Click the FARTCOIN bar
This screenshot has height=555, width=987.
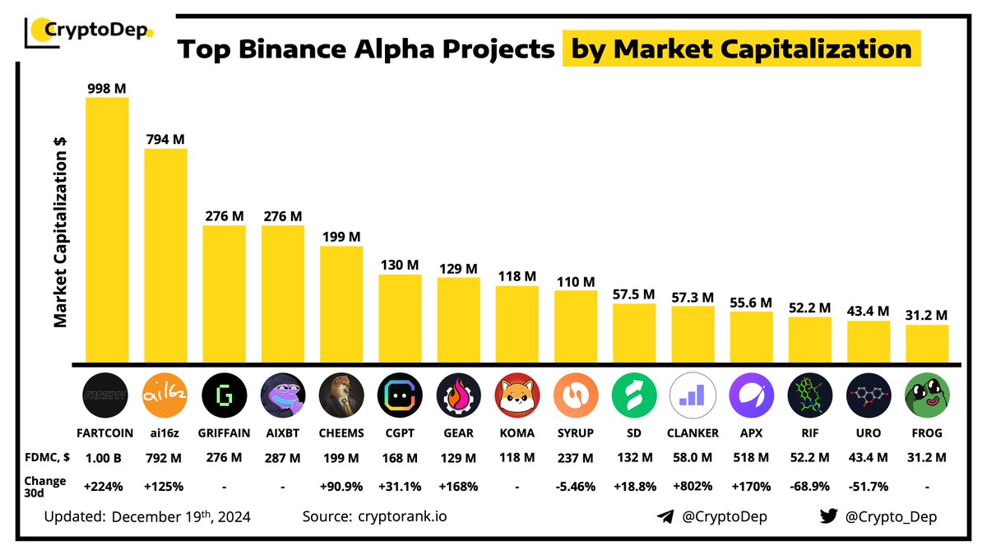[x=107, y=230]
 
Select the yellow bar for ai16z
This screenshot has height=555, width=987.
[x=165, y=255]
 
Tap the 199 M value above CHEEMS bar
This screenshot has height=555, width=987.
[x=341, y=237]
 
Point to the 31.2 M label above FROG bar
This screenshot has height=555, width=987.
[x=927, y=315]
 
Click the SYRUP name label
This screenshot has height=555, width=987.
[x=576, y=433]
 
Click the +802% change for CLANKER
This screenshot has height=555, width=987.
[x=693, y=486]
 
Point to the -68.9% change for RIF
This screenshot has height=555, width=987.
[x=809, y=486]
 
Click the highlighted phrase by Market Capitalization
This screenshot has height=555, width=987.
[x=741, y=49]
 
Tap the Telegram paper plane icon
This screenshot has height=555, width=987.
[x=665, y=517]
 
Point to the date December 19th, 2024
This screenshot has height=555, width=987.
[x=180, y=517]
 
